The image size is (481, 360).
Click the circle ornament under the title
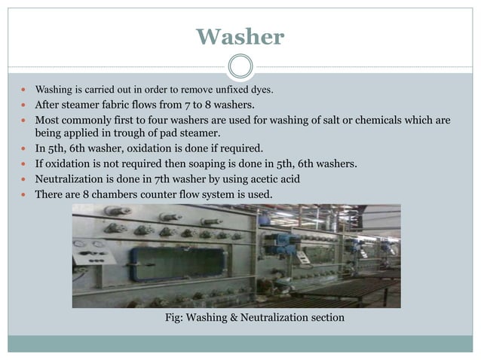click(x=240, y=66)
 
